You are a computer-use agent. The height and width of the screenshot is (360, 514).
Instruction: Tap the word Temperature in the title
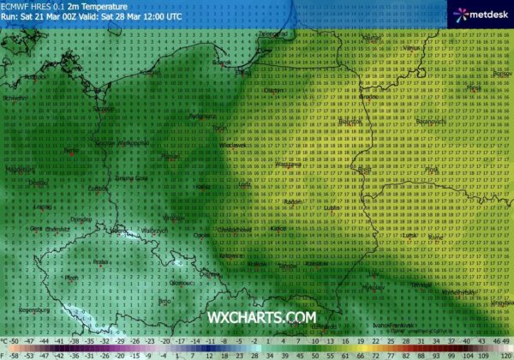[x=102, y=5]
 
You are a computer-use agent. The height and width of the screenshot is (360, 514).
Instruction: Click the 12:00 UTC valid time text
[x=163, y=15]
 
